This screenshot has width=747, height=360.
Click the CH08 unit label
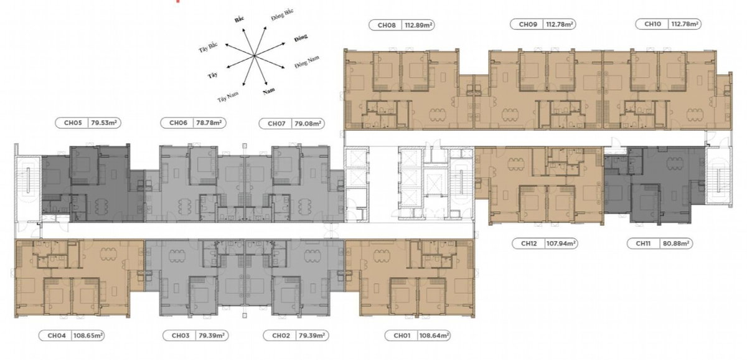[x=387, y=25]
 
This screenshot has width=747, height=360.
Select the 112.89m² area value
[x=418, y=25]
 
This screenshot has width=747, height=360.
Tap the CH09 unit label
[x=528, y=24]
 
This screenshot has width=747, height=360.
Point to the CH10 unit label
[x=652, y=24]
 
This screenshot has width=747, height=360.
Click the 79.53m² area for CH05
[x=104, y=123]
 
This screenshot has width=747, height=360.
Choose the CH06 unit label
[x=179, y=123]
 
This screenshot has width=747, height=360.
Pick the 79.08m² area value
[x=308, y=124]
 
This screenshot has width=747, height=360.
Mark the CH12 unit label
[x=529, y=244]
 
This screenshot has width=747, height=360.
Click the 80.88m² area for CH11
[x=676, y=244]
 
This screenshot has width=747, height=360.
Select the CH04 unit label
[x=57, y=336]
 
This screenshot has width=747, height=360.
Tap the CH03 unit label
[x=181, y=336]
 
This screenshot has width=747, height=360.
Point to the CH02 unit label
[x=281, y=336]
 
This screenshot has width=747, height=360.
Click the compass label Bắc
[x=239, y=19]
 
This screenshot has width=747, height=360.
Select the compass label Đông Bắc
[x=282, y=15]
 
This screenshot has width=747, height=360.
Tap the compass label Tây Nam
[x=228, y=97]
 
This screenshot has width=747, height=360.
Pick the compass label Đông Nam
[x=307, y=62]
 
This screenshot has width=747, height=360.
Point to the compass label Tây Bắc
[x=208, y=47]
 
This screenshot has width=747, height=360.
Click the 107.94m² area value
[x=561, y=244]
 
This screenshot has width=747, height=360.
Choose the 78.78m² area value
[x=209, y=123]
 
